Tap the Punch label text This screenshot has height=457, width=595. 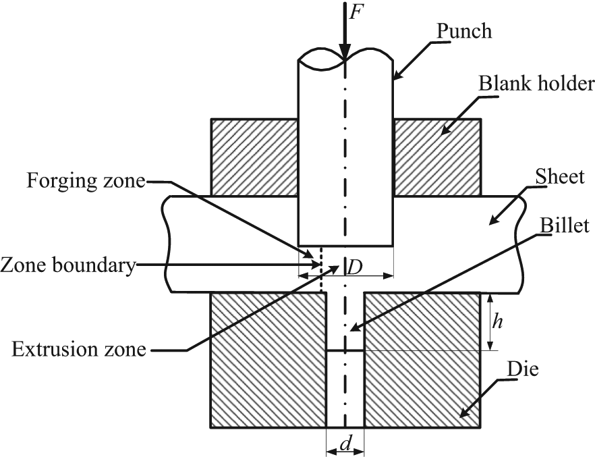(x=464, y=31)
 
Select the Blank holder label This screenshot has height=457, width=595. (x=536, y=83)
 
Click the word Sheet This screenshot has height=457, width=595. (x=560, y=176)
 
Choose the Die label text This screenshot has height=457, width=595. (x=523, y=368)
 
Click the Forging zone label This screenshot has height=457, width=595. (x=86, y=181)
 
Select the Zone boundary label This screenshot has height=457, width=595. (x=68, y=265)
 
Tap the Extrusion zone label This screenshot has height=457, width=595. (x=79, y=349)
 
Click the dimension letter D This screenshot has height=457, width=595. (x=354, y=269)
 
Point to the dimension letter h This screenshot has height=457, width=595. (x=497, y=321)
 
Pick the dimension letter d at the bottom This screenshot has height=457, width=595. (x=345, y=444)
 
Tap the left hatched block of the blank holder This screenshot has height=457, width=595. (x=254, y=157)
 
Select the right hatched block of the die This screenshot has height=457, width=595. (x=422, y=360)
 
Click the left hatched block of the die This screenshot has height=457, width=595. (x=268, y=360)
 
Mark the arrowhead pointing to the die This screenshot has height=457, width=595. (x=466, y=412)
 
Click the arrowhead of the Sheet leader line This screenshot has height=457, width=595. (x=495, y=220)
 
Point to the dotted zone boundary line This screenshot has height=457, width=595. (x=321, y=270)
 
